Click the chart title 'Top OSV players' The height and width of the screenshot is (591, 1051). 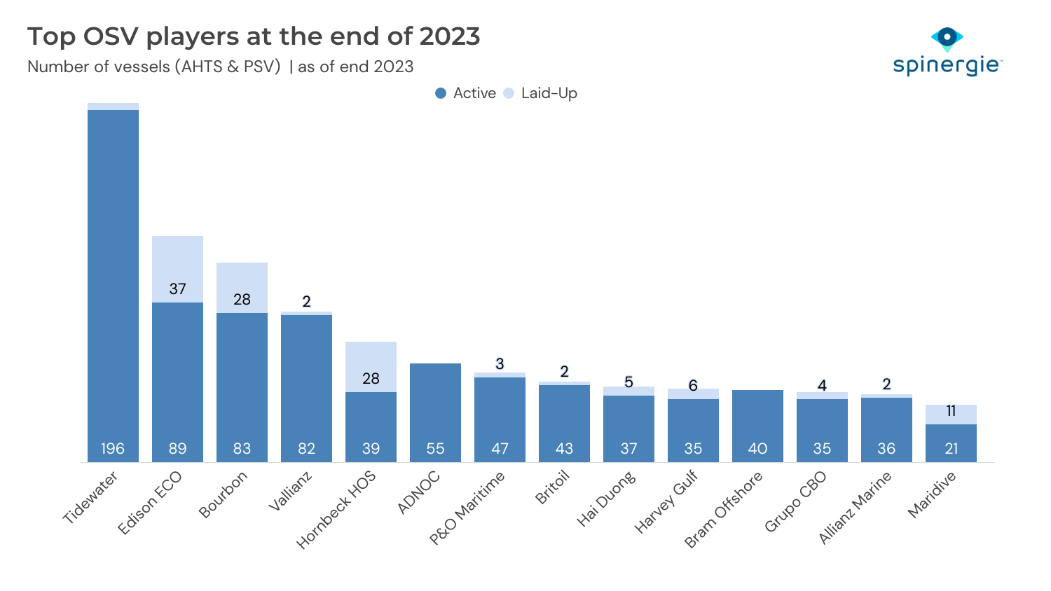pyautogui.click(x=254, y=36)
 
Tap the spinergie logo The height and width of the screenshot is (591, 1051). pyautogui.click(x=947, y=53)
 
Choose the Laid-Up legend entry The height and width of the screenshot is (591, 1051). pyautogui.click(x=540, y=93)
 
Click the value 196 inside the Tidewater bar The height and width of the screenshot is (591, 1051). pyautogui.click(x=113, y=448)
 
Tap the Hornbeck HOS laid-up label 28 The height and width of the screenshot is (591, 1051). pyautogui.click(x=371, y=378)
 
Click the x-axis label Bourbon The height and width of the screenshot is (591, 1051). pyautogui.click(x=224, y=494)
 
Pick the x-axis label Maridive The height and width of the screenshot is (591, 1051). pyautogui.click(x=932, y=494)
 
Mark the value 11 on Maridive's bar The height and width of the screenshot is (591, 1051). pyautogui.click(x=951, y=411)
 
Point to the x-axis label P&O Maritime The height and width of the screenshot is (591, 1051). pyautogui.click(x=467, y=508)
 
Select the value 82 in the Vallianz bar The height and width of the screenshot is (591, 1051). pyautogui.click(x=306, y=448)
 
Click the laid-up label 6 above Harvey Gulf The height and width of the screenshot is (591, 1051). pyautogui.click(x=693, y=385)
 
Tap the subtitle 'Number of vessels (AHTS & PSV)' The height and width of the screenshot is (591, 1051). pyautogui.click(x=154, y=67)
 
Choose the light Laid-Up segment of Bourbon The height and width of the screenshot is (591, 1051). pyautogui.click(x=242, y=284)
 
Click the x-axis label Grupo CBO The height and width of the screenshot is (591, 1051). pyautogui.click(x=795, y=501)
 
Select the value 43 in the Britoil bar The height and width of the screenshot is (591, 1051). pyautogui.click(x=564, y=448)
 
